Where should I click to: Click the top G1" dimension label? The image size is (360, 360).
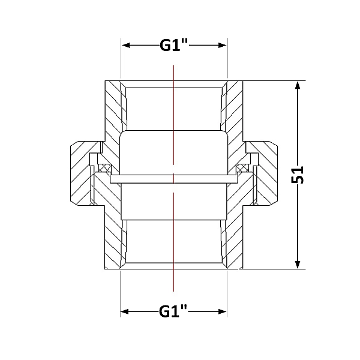pyautogui.click(x=174, y=46)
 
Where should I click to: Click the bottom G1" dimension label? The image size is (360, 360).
pyautogui.click(x=173, y=311)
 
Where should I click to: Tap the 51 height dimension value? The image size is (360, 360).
pyautogui.click(x=298, y=175)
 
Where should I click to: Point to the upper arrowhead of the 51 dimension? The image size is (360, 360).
pyautogui.click(x=298, y=86)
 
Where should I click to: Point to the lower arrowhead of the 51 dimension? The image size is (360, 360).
pyautogui.click(x=298, y=264)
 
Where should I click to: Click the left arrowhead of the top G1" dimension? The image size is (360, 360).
pyautogui.click(x=127, y=45)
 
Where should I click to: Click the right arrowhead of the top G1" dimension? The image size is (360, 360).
pyautogui.click(x=222, y=45)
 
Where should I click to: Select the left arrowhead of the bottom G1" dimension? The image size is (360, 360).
pyautogui.click(x=125, y=311)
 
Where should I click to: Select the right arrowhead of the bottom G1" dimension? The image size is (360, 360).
pyautogui.click(x=222, y=311)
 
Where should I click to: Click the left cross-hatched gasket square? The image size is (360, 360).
pyautogui.click(x=104, y=168)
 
